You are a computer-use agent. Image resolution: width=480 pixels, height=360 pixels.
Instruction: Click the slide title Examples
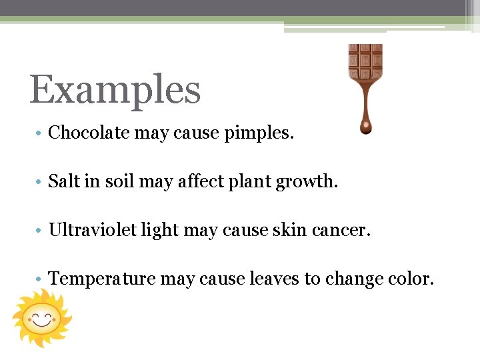[x=115, y=91]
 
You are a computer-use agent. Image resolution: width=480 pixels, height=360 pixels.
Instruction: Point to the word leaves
[x=275, y=279]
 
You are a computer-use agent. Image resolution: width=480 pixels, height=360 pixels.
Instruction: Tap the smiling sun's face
[x=41, y=318]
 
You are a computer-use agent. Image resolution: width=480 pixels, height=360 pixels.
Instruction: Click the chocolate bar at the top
[x=365, y=61]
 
